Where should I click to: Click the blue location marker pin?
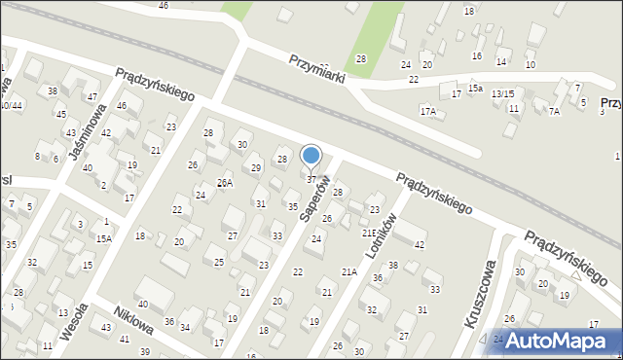tap(311, 157)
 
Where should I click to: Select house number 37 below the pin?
tap(311, 179)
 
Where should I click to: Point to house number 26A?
tap(224, 182)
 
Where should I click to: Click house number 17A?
tap(427, 111)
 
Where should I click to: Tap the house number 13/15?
tap(502, 92)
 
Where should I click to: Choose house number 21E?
tap(370, 234)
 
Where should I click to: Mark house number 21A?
tap(348, 271)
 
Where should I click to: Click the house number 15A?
tap(103, 238)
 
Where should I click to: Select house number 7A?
tap(554, 111)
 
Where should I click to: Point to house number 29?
tap(256, 168)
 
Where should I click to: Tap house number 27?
tap(232, 236)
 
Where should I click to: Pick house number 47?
tap(92, 96)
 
